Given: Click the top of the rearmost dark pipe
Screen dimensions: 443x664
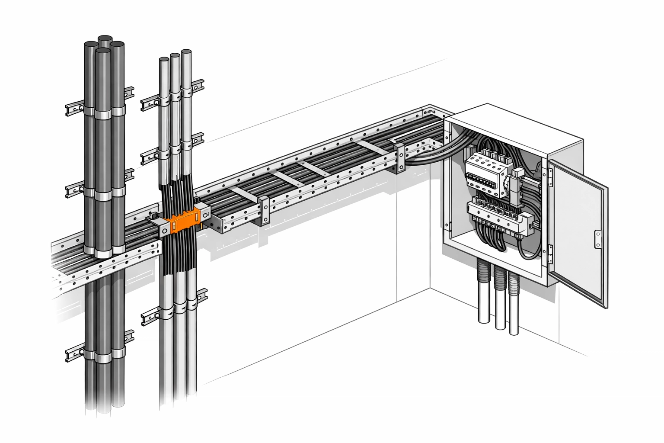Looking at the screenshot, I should pos(104,39).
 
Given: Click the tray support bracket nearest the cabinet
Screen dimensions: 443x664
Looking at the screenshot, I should pos(399,157).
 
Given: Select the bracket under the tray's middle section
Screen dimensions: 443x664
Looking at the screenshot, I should pos(264,210).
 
